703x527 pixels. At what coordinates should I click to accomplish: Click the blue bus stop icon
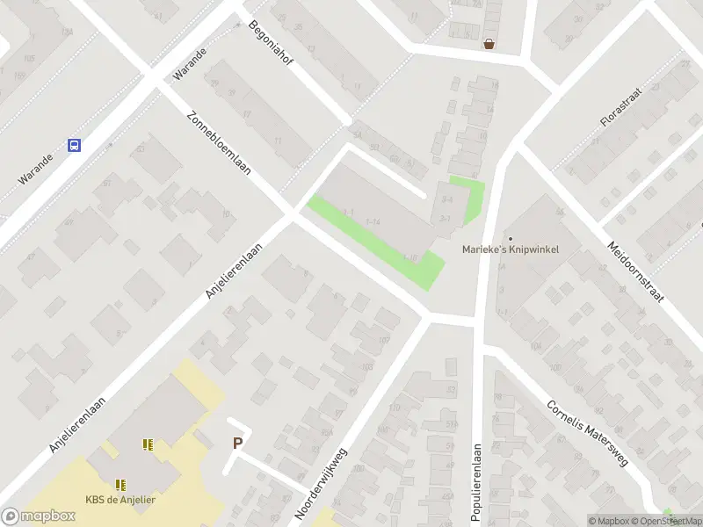tap(75, 146)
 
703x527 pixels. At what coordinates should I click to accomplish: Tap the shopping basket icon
tap(489, 43)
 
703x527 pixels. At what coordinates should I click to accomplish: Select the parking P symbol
tap(236, 444)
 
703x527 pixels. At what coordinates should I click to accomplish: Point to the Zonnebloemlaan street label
tap(219, 143)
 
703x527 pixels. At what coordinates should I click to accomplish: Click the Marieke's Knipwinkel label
tap(511, 249)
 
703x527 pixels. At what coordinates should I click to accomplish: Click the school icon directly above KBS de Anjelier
tap(120, 484)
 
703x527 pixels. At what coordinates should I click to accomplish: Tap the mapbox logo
tap(39, 516)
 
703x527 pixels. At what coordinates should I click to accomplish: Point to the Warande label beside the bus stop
tap(38, 170)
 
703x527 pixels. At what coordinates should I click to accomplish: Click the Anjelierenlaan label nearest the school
tap(78, 425)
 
